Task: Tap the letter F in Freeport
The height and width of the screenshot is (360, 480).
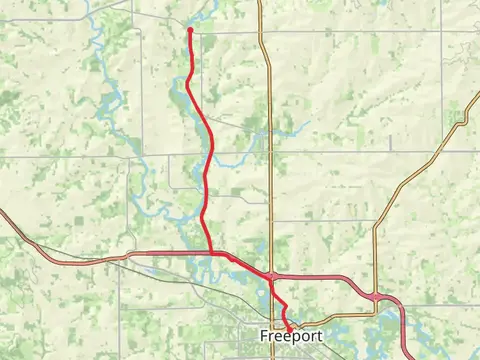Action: tap(262, 336)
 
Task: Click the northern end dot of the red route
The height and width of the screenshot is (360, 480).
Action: tap(189, 30)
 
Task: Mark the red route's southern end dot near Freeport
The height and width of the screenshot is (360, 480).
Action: tap(290, 327)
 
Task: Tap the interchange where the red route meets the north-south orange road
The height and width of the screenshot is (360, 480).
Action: tap(271, 276)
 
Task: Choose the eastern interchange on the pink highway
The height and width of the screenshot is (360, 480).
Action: tap(375, 296)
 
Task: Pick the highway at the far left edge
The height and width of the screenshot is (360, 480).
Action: tap(4, 214)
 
